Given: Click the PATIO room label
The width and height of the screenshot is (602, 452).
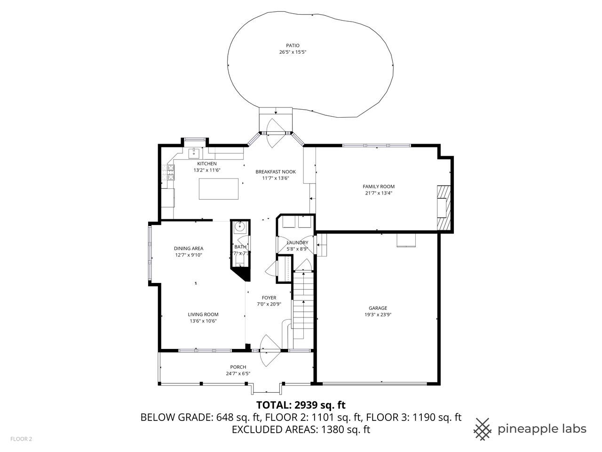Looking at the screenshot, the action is tap(293, 46).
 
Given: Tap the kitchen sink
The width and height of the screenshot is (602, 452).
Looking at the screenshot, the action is tap(194, 153).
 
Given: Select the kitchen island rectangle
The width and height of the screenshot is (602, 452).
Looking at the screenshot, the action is tap(219, 189).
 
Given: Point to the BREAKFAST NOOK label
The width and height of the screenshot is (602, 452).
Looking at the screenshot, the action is tap(276, 172).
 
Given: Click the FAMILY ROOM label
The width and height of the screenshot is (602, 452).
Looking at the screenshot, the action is tap(379, 186).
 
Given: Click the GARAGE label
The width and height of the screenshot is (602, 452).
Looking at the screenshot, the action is tap(378, 308).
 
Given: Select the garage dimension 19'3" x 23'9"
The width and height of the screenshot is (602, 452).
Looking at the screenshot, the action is tap(378, 315).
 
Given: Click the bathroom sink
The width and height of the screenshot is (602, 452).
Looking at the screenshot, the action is tap(240, 226).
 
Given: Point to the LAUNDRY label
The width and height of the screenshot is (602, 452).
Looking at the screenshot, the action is tap(297, 242).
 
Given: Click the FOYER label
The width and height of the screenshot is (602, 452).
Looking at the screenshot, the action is tap(269, 298).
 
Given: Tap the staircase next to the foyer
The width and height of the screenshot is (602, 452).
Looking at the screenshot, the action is tap(303, 305).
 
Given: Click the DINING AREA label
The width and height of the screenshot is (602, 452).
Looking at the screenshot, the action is tap(189, 249).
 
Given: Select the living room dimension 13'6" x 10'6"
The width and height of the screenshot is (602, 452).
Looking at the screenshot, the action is tap(203, 321).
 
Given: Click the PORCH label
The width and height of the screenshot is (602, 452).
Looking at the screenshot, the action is tap(238, 367).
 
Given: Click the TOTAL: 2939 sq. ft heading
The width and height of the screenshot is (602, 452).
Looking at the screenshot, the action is tap(301, 405).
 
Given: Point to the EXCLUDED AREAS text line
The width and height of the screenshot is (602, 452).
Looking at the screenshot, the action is tap(301, 429).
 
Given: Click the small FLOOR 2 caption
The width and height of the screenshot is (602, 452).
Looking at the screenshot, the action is tap(21, 439).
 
